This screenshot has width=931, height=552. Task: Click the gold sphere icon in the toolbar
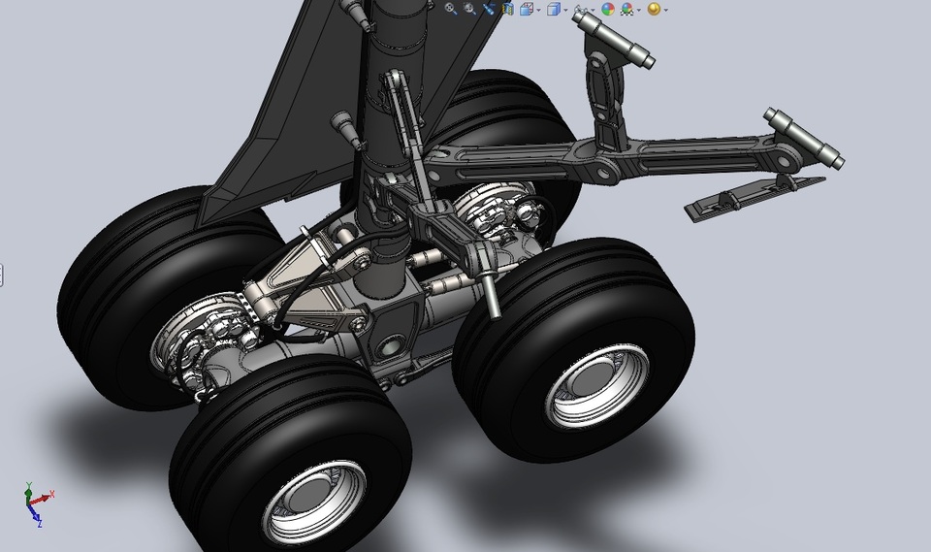[x=654, y=9]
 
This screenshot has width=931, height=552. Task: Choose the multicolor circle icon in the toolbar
[x=608, y=9]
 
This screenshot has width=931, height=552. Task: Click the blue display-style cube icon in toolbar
[x=554, y=9]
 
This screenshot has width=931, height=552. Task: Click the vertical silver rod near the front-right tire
[x=494, y=291]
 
